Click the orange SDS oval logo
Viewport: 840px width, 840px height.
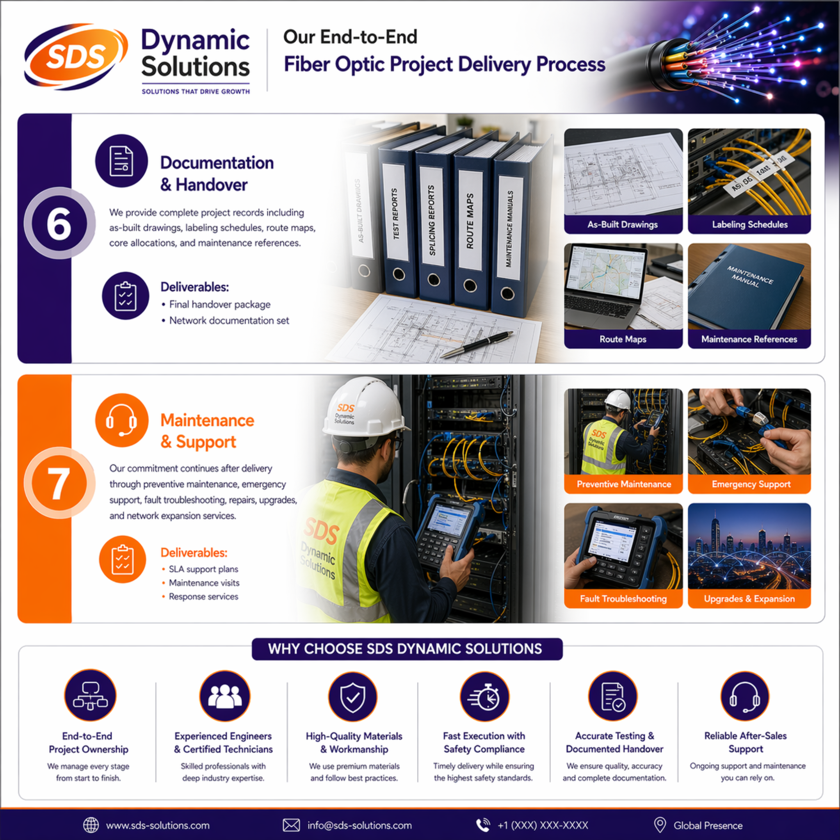pos(75,57)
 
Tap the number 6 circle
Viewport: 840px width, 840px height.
pos(59,224)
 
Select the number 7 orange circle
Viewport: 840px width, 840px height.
pos(59,483)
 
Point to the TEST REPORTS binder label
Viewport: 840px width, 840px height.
pos(395,214)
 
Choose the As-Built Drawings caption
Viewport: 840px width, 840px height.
pos(623,224)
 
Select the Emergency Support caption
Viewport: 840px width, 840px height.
pos(751,484)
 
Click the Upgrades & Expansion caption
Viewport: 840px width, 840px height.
pos(749,599)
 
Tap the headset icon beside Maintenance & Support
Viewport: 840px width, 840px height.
pos(121,420)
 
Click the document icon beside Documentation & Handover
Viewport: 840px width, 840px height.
pos(121,161)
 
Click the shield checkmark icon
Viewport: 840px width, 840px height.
pos(353,696)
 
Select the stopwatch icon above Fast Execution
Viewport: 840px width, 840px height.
pos(484,696)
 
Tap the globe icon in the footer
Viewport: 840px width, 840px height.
pos(91,825)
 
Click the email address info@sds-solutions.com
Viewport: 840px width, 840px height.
pos(359,825)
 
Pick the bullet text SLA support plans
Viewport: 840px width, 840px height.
pos(203,569)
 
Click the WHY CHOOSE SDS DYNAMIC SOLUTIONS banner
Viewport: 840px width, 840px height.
pos(407,649)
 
